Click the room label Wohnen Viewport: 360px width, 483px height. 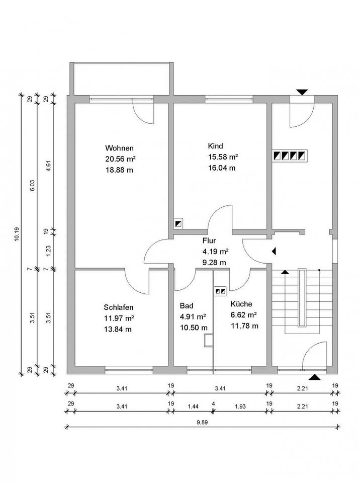(x=119, y=148)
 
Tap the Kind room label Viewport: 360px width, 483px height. (x=215, y=146)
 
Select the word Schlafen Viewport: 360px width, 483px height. (x=119, y=307)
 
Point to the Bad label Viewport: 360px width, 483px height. (x=186, y=305)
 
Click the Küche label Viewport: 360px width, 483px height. (x=241, y=304)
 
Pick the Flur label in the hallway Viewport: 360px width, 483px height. (x=209, y=240)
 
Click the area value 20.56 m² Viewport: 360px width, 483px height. (x=121, y=159)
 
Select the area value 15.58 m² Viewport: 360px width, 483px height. (x=223, y=157)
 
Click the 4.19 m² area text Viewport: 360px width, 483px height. (x=215, y=251)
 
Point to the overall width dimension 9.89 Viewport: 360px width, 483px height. (x=202, y=423)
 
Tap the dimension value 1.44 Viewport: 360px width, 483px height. (x=194, y=404)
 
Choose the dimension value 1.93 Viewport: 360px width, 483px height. (x=239, y=404)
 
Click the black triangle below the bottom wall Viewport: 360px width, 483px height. (x=314, y=377)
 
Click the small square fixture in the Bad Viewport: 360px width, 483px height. (x=209, y=341)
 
